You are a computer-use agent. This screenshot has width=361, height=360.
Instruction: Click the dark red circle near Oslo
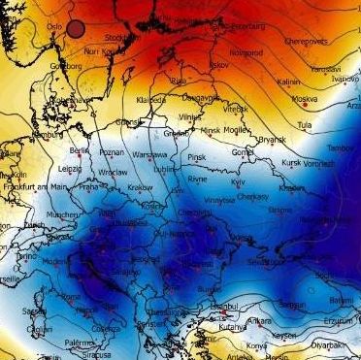pyautogui.click(x=76, y=28)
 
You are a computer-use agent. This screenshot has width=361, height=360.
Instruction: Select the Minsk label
pyautogui.click(x=202, y=132)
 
